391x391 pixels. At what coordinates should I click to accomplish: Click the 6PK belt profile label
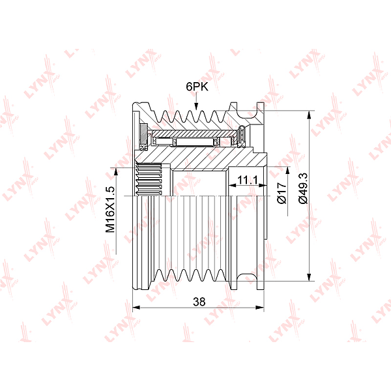click(197, 87)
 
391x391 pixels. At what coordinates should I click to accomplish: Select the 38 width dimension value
click(199, 302)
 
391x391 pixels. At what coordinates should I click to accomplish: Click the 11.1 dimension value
click(248, 180)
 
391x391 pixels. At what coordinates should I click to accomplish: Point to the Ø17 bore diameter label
click(282, 193)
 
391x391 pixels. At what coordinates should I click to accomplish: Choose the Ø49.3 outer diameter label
click(303, 188)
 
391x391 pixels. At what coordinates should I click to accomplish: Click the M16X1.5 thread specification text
click(110, 209)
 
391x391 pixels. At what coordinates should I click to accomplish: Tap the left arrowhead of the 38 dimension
click(136, 308)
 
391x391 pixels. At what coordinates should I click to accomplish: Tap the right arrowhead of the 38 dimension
click(260, 308)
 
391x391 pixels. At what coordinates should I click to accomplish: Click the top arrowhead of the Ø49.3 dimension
click(309, 115)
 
